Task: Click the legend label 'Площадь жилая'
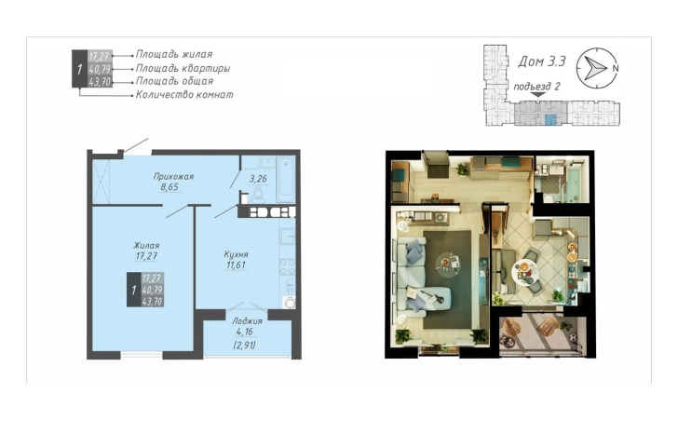[x=174, y=54]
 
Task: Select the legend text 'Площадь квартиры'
[x=183, y=68]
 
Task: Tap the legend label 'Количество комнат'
[x=184, y=95]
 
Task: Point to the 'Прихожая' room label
[x=173, y=176]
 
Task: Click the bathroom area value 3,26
[x=258, y=179]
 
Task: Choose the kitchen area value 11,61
[x=237, y=265]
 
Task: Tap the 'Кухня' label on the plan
[x=237, y=254]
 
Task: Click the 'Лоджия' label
[x=247, y=321]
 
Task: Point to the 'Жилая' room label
[x=146, y=246]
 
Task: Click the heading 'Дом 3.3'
[x=542, y=61]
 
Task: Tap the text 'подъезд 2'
[x=536, y=87]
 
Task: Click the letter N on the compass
[x=616, y=68]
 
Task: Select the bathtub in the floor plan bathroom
[x=285, y=180]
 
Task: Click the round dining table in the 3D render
[x=525, y=272]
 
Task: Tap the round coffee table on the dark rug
[x=448, y=263]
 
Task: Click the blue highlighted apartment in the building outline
[x=551, y=120]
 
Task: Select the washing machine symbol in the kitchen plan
[x=289, y=302]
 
